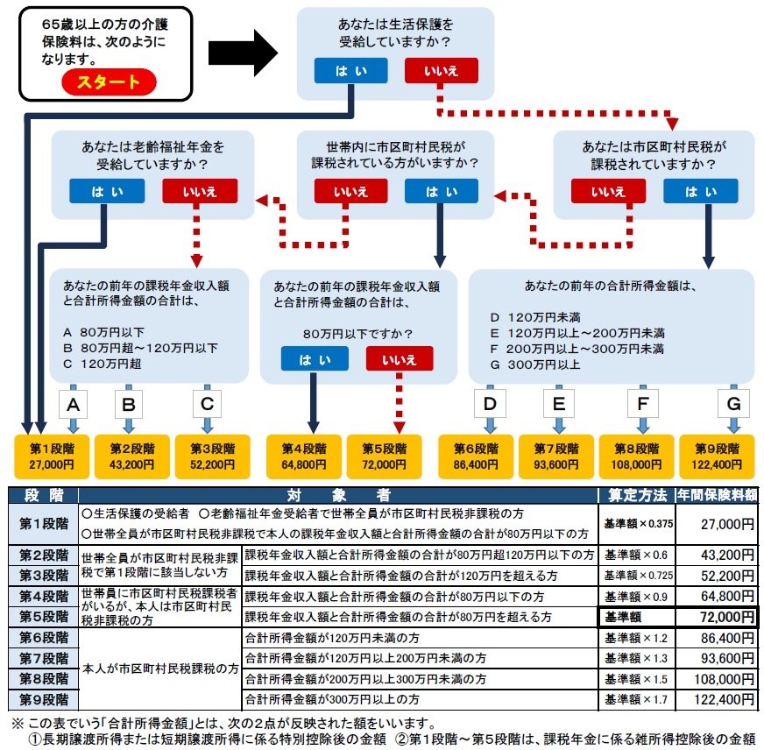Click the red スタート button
pos(109,81)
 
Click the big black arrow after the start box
pos(243,53)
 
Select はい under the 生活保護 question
pos(350,71)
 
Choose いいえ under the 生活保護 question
pos(441,71)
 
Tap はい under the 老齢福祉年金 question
pos(107,191)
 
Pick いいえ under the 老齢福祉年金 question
pos(200,191)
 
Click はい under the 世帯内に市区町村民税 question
pos(441,191)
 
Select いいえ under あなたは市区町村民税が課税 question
pos(608,191)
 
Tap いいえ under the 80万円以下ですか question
pos(400,358)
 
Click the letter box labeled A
pos(73,404)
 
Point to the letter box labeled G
pos(734,403)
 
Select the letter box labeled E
pos(559,403)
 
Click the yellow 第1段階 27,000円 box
pos(52,456)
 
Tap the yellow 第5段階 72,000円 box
pos(384,456)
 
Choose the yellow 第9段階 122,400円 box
pos(717,456)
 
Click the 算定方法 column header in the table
pos(637,495)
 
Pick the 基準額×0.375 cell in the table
pos(637,524)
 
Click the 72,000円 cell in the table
pos(717,617)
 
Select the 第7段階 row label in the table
pos(43,658)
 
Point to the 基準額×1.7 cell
pos(637,700)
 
